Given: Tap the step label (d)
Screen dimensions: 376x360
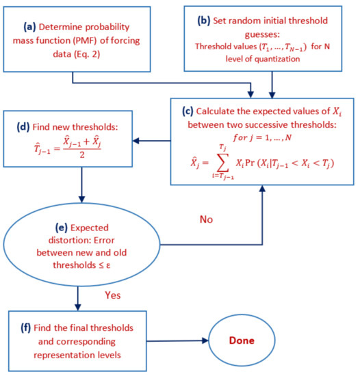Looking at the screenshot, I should click(22, 126).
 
